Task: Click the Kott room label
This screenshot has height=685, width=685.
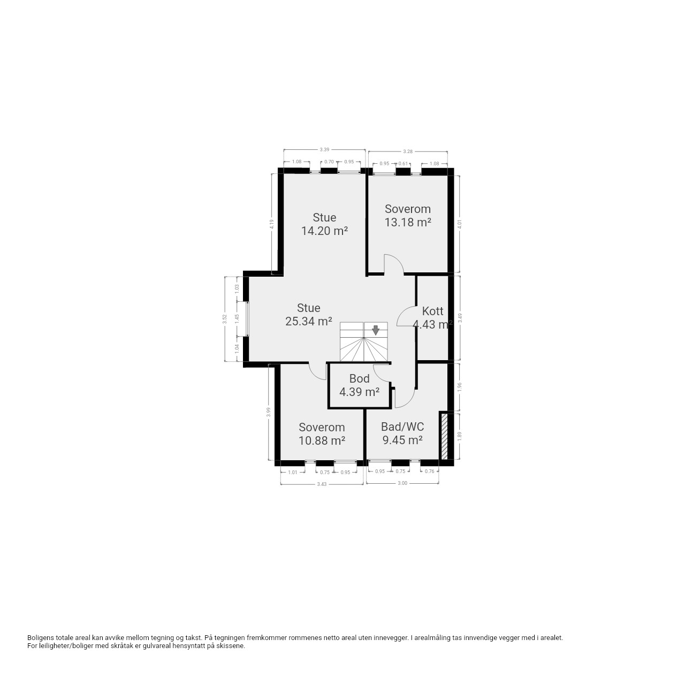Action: tap(432, 311)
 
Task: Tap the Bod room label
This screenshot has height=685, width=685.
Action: tap(359, 378)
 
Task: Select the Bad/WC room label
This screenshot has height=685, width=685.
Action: tap(402, 427)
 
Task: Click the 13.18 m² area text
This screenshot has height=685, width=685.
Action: tap(408, 223)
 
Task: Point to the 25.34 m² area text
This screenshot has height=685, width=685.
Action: tap(309, 321)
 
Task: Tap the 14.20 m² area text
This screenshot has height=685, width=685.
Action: tap(324, 231)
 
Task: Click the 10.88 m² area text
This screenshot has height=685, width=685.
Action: tap(322, 441)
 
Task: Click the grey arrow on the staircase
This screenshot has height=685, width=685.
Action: tap(375, 330)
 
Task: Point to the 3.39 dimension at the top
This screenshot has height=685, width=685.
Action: tap(324, 150)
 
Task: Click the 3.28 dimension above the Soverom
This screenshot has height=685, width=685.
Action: tap(408, 151)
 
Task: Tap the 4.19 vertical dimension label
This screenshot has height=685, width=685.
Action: tap(271, 224)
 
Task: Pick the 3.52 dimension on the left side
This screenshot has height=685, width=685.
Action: tap(224, 319)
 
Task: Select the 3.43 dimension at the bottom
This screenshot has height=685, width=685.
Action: tap(321, 484)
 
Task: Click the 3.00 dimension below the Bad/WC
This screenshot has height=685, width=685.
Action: tap(402, 483)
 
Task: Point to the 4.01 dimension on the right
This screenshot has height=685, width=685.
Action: tap(460, 224)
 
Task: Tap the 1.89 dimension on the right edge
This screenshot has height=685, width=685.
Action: tap(460, 436)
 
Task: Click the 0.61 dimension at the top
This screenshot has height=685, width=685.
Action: tap(403, 164)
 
